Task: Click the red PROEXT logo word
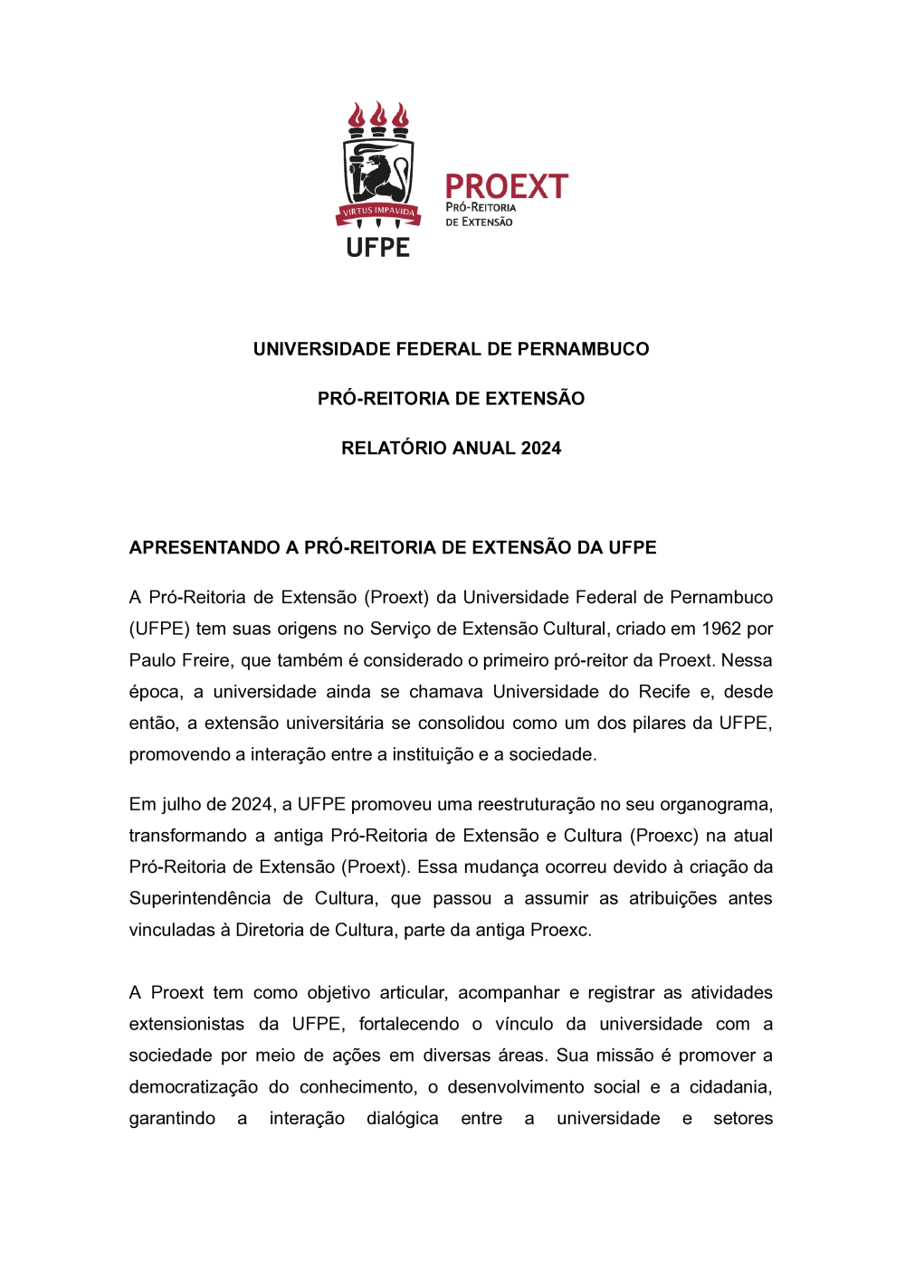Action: pyautogui.click(x=506, y=187)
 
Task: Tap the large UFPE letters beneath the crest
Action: pyautogui.click(x=378, y=248)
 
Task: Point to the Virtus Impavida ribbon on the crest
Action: pyautogui.click(x=378, y=213)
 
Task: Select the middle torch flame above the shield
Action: pyautogui.click(x=379, y=115)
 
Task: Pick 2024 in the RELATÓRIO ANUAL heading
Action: pyautogui.click(x=541, y=449)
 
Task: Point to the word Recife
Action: pyautogui.click(x=664, y=692)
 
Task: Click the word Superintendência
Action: pyautogui.click(x=199, y=898)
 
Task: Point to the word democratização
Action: pyautogui.click(x=193, y=1087)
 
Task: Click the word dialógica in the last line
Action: pyautogui.click(x=402, y=1119)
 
